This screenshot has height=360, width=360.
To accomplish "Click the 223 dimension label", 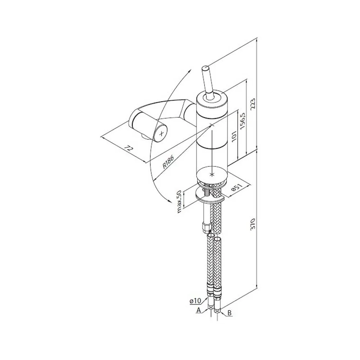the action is [253, 105].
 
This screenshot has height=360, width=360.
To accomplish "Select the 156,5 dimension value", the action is [242, 121].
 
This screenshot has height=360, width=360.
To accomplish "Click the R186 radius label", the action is [168, 162].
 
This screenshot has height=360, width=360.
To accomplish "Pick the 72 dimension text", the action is [129, 148].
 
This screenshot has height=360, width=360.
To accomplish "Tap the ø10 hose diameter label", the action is [195, 301].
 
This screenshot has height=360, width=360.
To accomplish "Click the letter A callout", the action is [199, 310].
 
